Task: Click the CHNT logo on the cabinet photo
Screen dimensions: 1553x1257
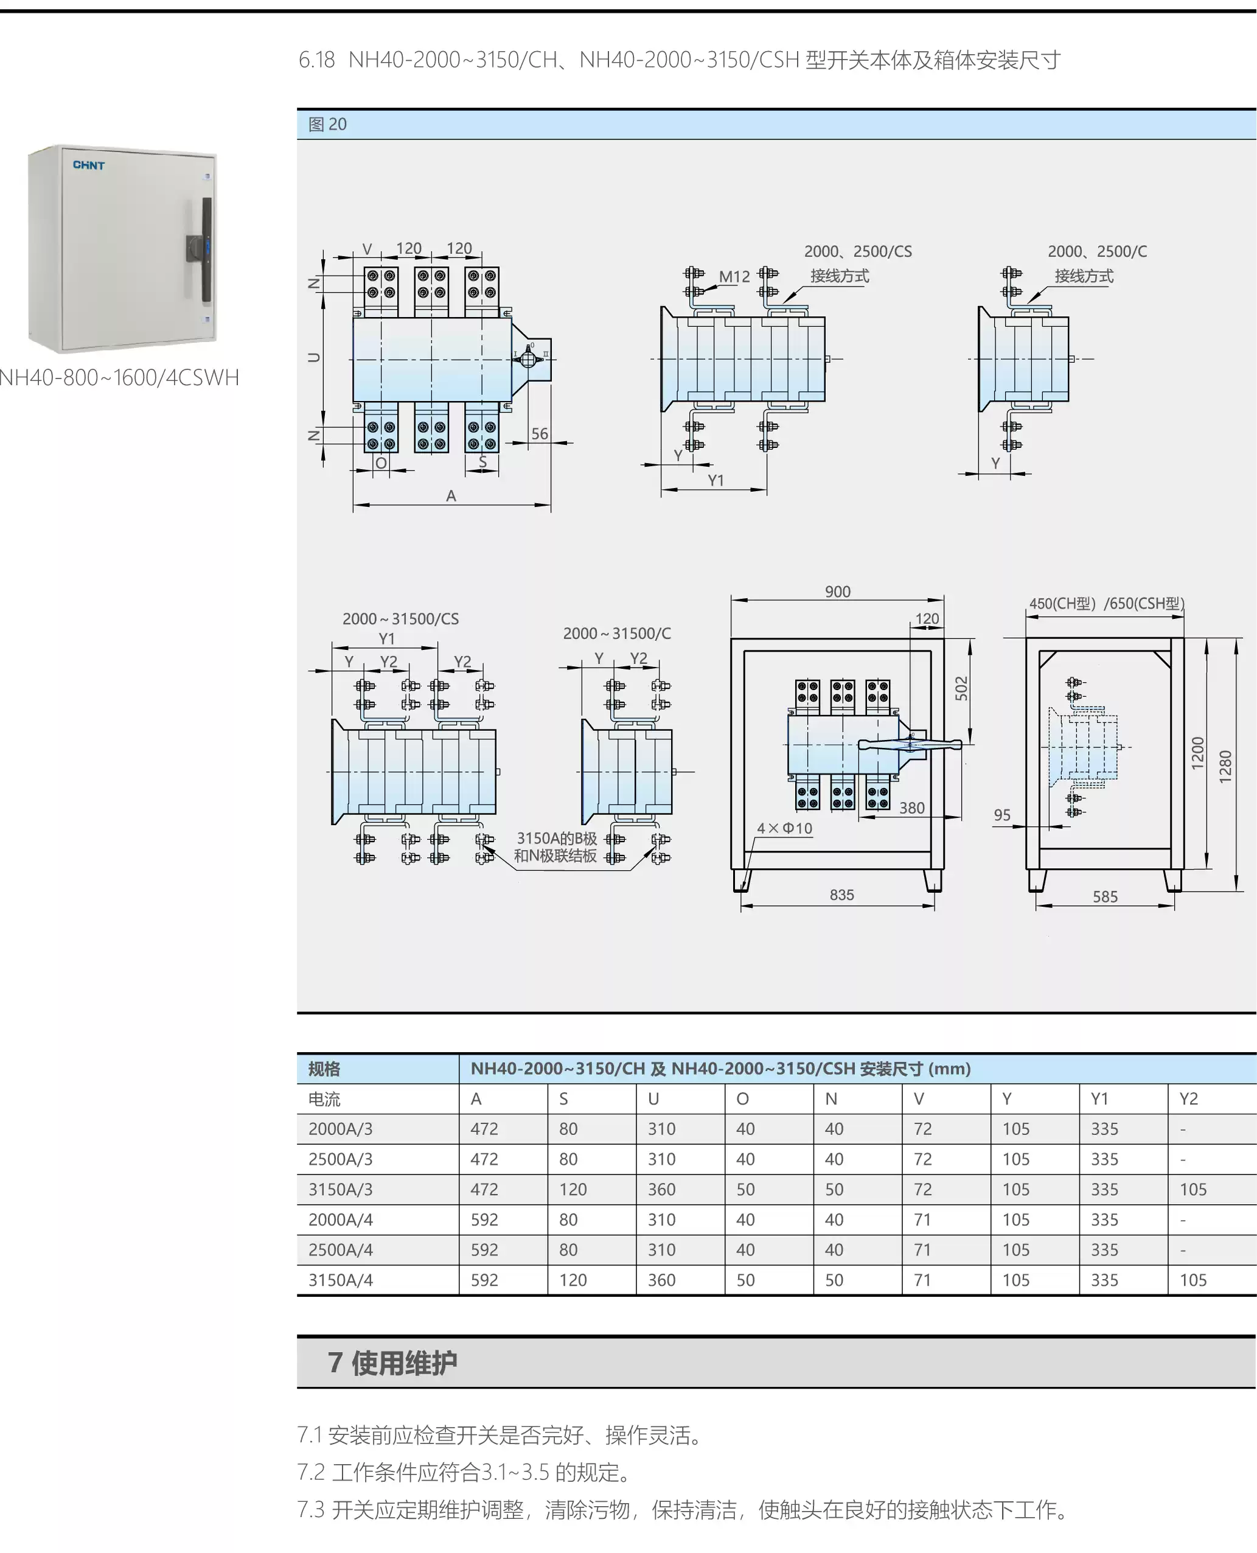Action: pyautogui.click(x=88, y=165)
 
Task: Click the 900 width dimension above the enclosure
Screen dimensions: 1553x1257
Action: pyautogui.click(x=838, y=592)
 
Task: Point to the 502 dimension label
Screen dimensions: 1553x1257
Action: pyautogui.click(x=961, y=688)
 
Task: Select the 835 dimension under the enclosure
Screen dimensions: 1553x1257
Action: pyautogui.click(x=841, y=895)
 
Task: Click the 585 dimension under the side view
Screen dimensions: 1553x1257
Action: pyautogui.click(x=1105, y=897)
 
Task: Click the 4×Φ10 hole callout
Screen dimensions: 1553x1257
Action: pyautogui.click(x=784, y=828)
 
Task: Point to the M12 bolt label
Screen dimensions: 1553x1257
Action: pyautogui.click(x=734, y=277)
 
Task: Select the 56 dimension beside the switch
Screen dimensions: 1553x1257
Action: pyautogui.click(x=540, y=434)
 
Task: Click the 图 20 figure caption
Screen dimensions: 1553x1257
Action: pyautogui.click(x=327, y=125)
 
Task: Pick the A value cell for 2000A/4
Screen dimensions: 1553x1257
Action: pyautogui.click(x=484, y=1220)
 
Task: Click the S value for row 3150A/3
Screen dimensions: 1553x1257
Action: pyautogui.click(x=573, y=1189)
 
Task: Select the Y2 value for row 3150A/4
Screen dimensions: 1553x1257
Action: pyautogui.click(x=1193, y=1280)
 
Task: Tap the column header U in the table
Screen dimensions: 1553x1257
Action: pyautogui.click(x=653, y=1099)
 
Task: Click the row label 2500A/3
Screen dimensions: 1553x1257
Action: pyautogui.click(x=340, y=1159)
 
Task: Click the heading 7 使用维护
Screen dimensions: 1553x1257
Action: pyautogui.click(x=392, y=1363)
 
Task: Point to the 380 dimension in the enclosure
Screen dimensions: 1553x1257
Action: pyautogui.click(x=911, y=808)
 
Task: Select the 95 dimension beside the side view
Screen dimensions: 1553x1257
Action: pyautogui.click(x=1002, y=815)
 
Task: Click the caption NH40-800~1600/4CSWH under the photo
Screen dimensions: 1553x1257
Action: pyautogui.click(x=119, y=377)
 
